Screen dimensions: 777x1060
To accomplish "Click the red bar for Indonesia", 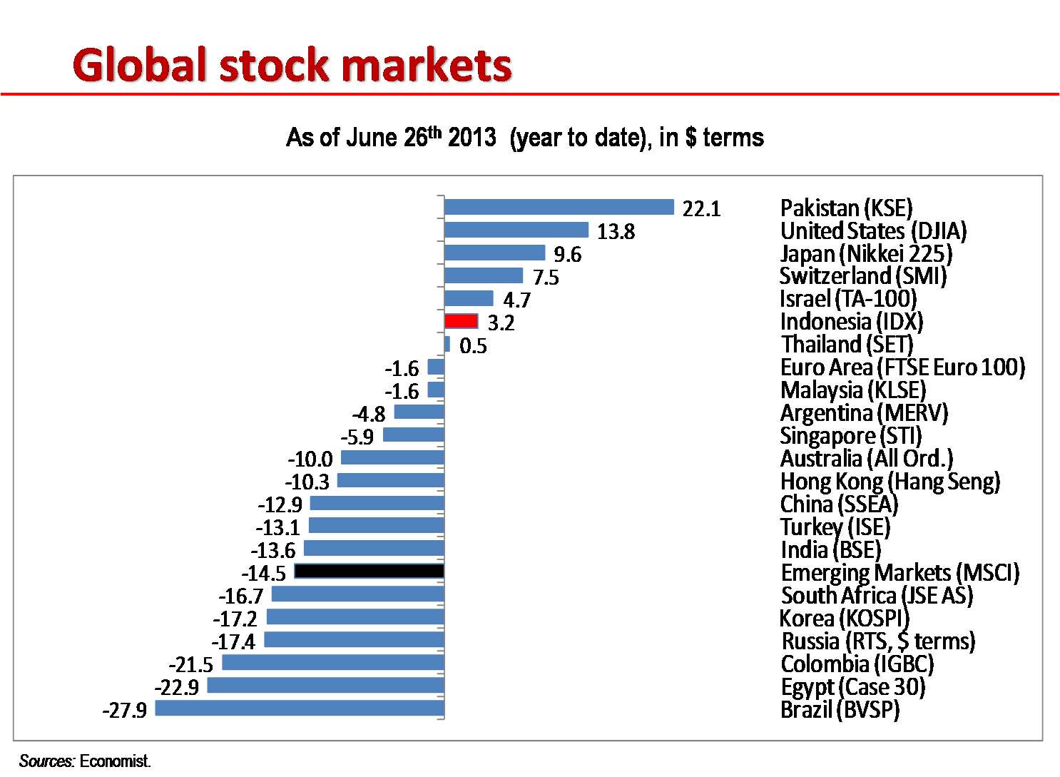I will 461,322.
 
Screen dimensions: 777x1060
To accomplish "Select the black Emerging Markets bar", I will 369,572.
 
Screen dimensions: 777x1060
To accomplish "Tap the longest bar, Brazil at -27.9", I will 300,709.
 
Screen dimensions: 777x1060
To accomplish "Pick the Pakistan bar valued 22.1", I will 559,207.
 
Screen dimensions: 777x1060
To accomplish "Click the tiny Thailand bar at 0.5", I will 447,345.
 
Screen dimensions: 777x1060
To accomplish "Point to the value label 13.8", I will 616,232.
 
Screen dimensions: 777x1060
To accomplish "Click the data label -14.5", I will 264,574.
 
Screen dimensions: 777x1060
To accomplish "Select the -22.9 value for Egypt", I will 177,688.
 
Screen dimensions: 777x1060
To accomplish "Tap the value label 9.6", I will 568,255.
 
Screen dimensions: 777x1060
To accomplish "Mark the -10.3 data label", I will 307,482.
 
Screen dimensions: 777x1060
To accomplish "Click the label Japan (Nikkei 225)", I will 866,254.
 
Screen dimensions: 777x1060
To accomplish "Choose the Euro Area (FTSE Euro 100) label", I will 902,367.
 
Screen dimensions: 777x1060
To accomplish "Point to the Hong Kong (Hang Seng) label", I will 890,482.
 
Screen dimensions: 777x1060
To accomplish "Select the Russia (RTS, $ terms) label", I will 878,641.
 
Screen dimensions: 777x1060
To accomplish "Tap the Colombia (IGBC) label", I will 857,664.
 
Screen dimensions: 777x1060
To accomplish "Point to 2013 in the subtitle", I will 472,137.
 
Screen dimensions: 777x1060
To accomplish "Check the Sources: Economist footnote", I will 85,761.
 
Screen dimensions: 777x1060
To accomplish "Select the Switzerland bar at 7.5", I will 484,276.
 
